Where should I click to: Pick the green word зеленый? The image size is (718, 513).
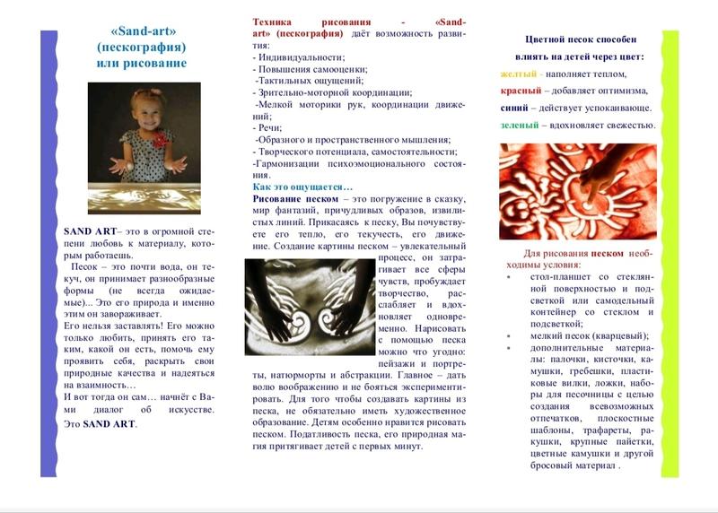521,125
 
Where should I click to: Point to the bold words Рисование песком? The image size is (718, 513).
287,197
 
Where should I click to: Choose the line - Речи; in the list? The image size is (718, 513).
269,127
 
